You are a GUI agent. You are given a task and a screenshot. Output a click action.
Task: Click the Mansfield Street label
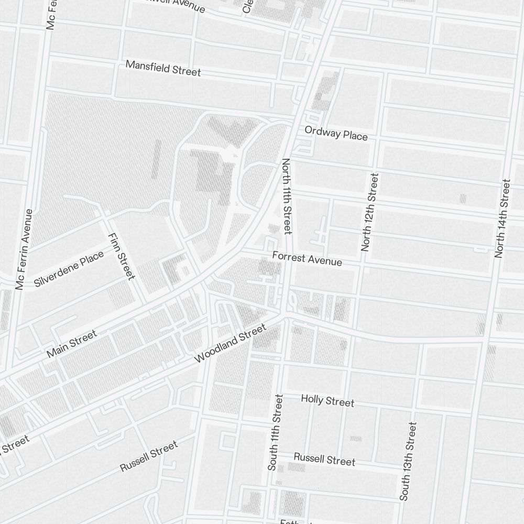tap(163, 68)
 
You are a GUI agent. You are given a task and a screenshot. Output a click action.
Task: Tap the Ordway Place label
tap(336, 134)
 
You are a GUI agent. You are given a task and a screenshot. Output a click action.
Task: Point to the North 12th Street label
tap(369, 212)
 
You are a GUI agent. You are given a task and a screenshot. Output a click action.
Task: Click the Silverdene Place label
tap(69, 269)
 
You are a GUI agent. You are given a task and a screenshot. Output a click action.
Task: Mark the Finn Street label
tap(122, 255)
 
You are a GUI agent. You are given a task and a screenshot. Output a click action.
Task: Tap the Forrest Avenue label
tap(307, 259)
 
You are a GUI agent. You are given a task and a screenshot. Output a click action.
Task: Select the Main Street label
tap(72, 344)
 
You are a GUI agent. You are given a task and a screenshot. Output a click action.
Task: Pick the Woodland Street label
tap(230, 344)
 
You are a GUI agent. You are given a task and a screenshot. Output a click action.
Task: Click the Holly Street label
tap(327, 401)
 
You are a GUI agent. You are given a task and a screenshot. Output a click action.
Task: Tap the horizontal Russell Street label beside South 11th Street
tap(324, 459)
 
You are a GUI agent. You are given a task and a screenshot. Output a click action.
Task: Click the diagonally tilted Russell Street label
tap(149, 456)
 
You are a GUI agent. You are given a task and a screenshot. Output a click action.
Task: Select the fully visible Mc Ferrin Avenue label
tap(25, 249)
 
